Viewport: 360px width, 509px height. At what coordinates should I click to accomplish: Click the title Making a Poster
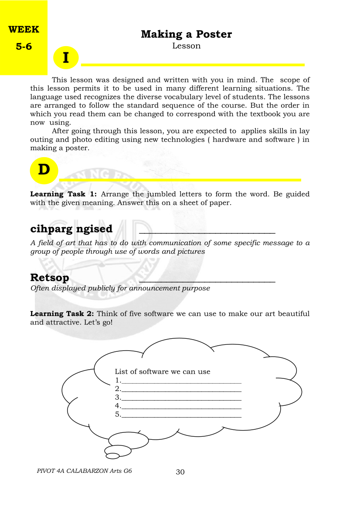[x=186, y=34]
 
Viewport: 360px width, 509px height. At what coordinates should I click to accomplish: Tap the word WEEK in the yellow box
[x=24, y=30]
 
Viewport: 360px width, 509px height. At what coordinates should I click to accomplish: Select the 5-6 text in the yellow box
[x=24, y=47]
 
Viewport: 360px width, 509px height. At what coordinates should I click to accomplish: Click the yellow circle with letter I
[x=66, y=58]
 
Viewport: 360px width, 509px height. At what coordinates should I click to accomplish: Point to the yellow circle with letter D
[x=44, y=170]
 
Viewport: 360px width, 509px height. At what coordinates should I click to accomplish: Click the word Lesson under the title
[x=186, y=46]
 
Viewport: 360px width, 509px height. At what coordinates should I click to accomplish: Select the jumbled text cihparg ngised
[x=71, y=229]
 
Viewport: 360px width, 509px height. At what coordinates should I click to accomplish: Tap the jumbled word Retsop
[x=49, y=278]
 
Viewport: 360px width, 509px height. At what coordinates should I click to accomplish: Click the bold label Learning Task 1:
[x=63, y=194]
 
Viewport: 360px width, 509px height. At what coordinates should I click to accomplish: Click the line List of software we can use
[x=162, y=372]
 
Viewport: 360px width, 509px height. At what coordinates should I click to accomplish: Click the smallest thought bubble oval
[x=112, y=456]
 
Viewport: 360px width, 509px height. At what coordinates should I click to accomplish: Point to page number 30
[x=180, y=472]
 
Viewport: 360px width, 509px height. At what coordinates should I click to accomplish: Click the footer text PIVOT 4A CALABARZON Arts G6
[x=85, y=471]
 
